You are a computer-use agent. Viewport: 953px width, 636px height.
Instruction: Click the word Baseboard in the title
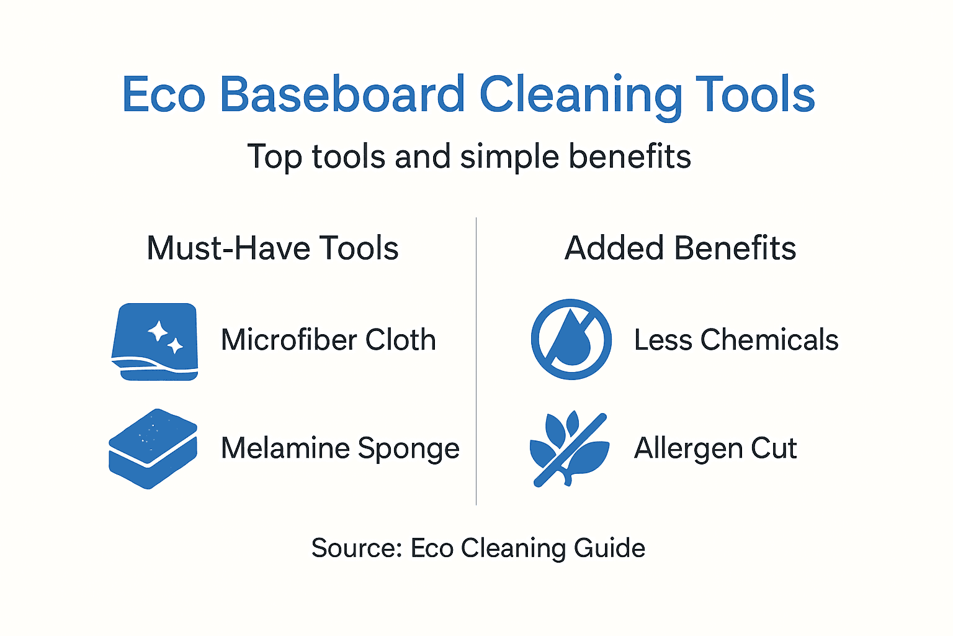(342, 94)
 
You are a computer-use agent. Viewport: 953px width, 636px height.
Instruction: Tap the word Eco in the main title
(164, 94)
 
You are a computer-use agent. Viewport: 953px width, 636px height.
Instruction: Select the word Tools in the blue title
(754, 94)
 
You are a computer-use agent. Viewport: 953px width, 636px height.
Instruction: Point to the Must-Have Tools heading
(272, 248)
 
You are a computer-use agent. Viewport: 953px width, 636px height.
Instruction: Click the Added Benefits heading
(680, 248)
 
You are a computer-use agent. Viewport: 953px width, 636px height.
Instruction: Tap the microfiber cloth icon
(155, 341)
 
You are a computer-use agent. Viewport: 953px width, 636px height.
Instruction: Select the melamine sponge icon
(153, 448)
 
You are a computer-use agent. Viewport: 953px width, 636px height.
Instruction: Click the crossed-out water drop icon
(571, 339)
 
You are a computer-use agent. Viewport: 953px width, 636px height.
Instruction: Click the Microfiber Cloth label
(328, 340)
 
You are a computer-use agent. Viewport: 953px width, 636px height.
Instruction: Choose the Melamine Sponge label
(340, 448)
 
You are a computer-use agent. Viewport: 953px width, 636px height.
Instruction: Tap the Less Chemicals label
(736, 340)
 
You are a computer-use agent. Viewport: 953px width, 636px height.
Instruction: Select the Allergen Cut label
(715, 448)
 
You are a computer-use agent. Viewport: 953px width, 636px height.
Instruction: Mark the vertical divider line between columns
(476, 360)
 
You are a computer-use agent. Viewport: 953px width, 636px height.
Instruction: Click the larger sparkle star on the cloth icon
(158, 331)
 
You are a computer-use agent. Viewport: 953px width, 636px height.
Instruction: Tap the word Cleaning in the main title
(580, 94)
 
